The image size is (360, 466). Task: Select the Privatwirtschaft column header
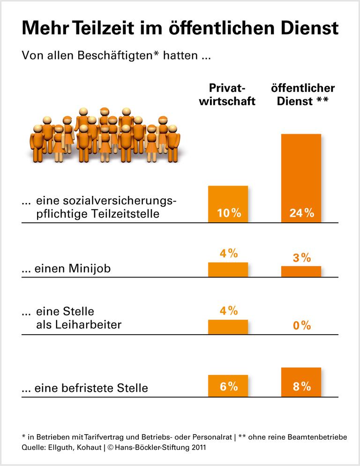tap(227, 95)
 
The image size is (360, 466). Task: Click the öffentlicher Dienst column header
tap(302, 95)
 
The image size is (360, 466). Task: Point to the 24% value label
tap(301, 213)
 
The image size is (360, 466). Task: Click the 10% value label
tap(228, 213)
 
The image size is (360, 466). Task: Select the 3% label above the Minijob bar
tap(301, 257)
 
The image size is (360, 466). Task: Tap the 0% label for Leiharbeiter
tap(301, 325)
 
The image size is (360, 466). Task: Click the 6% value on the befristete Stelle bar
tap(228, 386)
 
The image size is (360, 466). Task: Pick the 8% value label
tap(301, 386)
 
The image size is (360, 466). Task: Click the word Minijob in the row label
tap(91, 269)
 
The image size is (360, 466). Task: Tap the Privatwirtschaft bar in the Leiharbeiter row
tap(228, 327)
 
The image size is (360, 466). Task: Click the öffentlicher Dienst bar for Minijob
tap(301, 271)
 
